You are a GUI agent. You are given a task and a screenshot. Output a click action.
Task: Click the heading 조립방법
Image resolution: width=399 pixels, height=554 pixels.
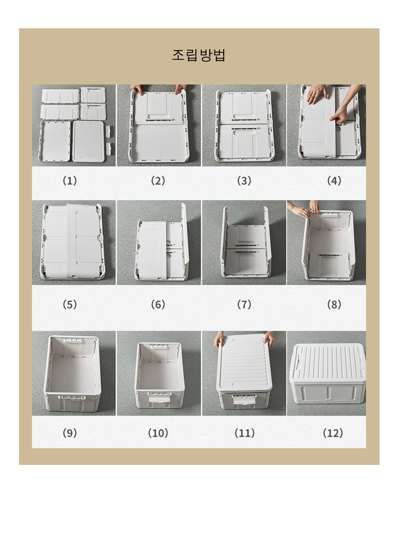tap(199, 55)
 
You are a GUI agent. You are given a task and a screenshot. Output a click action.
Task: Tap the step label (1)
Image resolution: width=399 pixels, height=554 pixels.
tap(70, 180)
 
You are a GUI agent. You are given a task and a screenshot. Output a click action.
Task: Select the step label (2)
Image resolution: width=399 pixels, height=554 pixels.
tap(158, 180)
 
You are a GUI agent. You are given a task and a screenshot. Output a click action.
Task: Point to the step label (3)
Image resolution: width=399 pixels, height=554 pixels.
tap(244, 180)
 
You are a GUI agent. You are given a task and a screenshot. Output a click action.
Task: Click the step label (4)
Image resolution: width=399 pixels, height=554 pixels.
tap(334, 180)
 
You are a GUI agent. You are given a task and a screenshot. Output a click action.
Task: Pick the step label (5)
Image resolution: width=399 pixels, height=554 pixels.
tap(70, 304)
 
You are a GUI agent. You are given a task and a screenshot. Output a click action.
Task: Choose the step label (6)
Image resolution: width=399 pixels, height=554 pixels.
tap(158, 304)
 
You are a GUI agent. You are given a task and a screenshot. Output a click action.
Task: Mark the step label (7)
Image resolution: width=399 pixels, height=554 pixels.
tap(244, 304)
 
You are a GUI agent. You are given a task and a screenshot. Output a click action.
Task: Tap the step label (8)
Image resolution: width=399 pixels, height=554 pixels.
tap(334, 304)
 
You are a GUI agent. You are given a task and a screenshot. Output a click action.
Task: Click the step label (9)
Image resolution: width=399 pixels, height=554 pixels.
tap(70, 433)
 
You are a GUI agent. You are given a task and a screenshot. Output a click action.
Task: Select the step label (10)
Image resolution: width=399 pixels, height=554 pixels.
tap(158, 433)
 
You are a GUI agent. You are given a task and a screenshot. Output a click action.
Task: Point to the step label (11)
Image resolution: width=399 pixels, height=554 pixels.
tap(245, 433)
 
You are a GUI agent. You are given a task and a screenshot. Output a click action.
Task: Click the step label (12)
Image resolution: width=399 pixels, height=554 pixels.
tap(333, 433)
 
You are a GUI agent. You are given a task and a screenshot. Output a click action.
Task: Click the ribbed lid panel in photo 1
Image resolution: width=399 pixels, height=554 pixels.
tap(88, 142)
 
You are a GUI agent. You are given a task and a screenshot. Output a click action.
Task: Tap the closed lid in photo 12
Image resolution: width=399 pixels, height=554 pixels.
tap(327, 362)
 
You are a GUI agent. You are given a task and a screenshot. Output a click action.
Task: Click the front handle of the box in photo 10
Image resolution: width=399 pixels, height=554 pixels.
tap(160, 398)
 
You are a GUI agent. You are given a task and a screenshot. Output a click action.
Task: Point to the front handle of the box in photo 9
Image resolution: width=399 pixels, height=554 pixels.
tap(72, 398)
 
